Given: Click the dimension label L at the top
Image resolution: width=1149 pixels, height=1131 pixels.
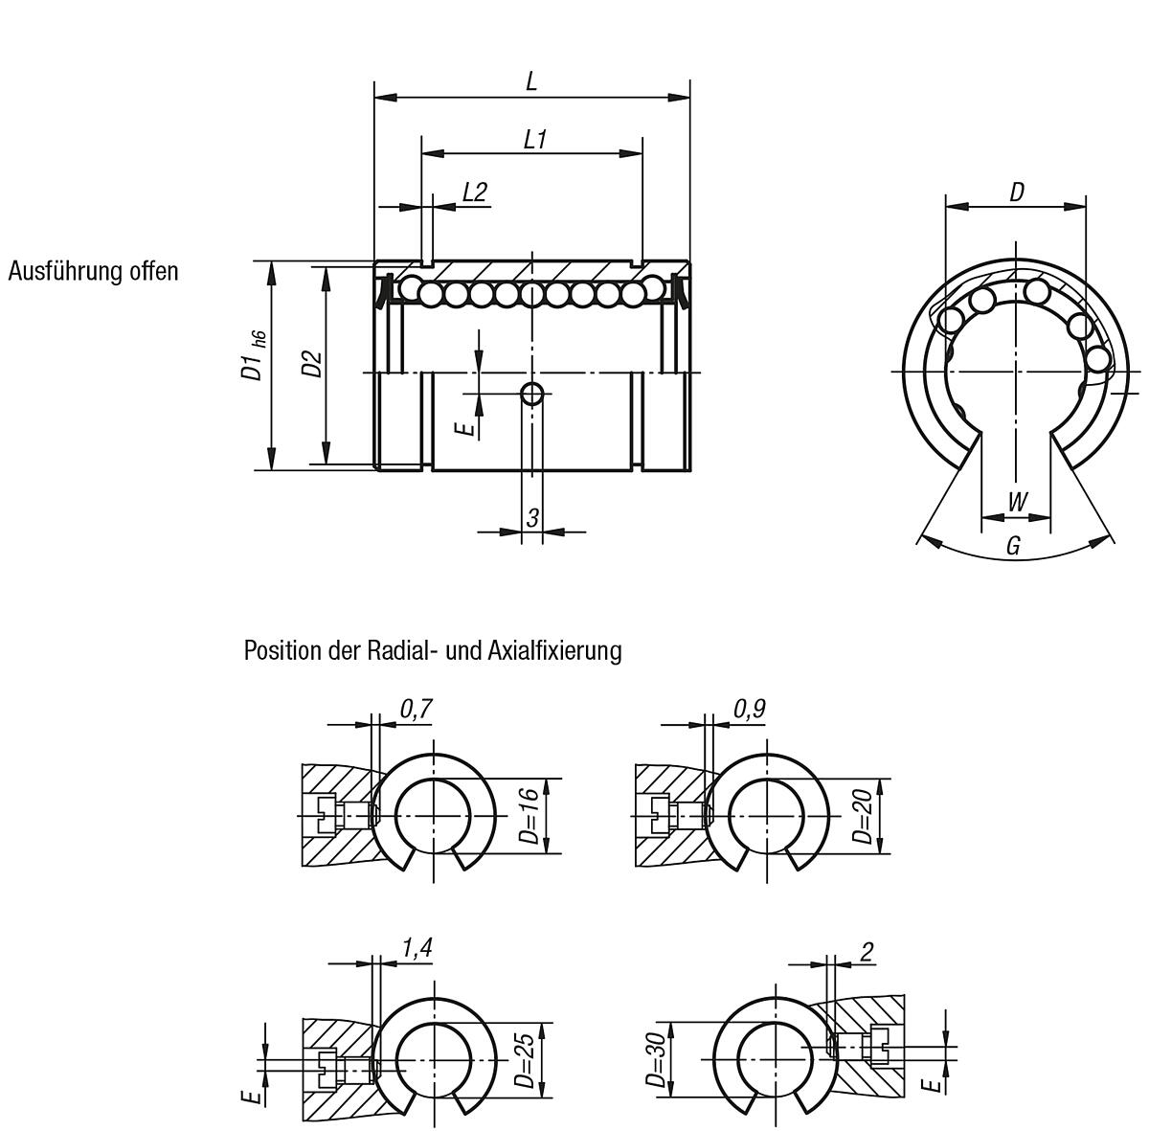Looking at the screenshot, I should pos(531,81).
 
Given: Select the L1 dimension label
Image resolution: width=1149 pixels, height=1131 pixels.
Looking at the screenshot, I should pos(534,139).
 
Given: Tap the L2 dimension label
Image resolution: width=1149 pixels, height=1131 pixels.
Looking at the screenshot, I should pos(474,192).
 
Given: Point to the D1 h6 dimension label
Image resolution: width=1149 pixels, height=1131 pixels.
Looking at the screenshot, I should pos(253,355).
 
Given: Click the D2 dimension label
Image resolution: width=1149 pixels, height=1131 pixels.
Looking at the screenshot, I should pos(310,364).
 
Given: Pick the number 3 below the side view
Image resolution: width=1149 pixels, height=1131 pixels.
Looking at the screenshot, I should pos(532,517).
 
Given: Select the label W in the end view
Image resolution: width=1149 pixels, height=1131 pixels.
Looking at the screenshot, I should pos(1017,502).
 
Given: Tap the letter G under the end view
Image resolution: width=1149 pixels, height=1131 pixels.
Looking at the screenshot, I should pos(1014,546).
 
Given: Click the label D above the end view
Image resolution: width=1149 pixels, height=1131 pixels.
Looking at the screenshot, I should pos(1016,192).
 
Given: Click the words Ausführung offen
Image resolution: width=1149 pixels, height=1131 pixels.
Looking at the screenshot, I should pos(93,271).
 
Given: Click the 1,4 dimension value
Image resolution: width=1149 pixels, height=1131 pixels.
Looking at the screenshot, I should pos(417,948).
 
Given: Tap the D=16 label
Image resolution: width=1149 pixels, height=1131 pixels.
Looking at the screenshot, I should pos(529,816).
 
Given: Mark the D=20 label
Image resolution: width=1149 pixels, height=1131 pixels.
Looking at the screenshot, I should pos(862,816).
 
